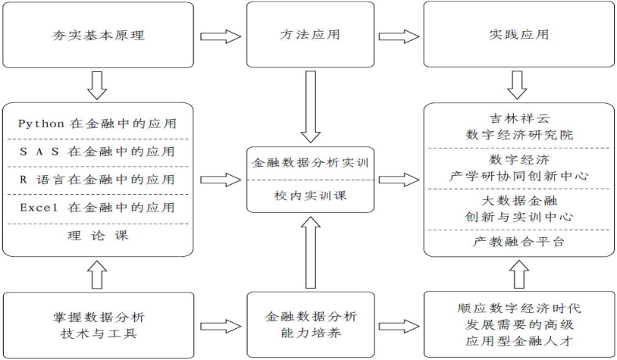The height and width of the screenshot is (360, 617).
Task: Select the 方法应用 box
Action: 308,34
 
